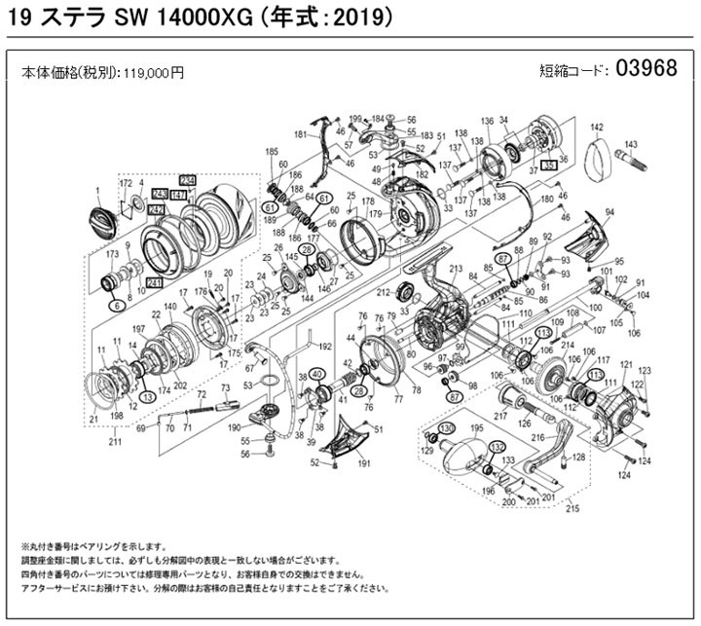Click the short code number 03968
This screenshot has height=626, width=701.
click(650, 70)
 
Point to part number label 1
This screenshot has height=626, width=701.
click(97, 189)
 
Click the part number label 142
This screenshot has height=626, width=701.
click(597, 128)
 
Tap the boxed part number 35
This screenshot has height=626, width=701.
click(549, 166)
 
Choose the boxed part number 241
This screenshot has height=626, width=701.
click(153, 282)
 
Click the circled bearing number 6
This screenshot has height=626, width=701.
click(118, 306)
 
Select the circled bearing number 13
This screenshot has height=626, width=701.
click(146, 396)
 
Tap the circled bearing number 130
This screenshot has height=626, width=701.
click(445, 429)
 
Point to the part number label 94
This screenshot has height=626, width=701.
click(609, 213)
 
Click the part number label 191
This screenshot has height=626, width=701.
click(364, 465)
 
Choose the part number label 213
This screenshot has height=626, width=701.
click(455, 269)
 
